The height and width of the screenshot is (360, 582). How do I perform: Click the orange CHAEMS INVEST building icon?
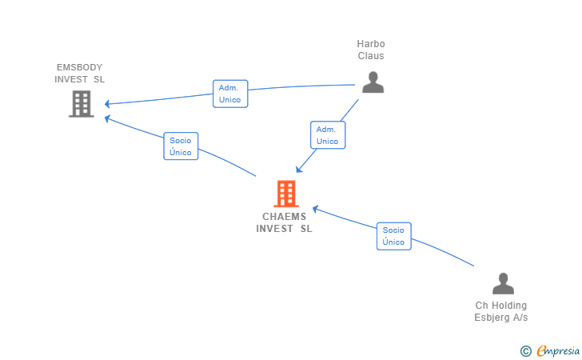[x=285, y=194]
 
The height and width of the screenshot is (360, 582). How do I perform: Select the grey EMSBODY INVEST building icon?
[x=82, y=103]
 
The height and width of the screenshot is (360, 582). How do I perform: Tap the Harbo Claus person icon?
[x=373, y=82]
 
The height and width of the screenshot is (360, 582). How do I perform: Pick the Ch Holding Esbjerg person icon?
[x=502, y=284]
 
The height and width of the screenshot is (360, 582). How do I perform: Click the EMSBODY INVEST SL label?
[x=79, y=74]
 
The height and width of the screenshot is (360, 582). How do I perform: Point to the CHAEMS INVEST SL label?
[x=284, y=222]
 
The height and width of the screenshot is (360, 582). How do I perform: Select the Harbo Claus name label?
[x=370, y=50]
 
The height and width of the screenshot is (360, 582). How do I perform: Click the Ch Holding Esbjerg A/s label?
[x=501, y=311]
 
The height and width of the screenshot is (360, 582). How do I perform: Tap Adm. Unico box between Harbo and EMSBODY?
[x=229, y=94]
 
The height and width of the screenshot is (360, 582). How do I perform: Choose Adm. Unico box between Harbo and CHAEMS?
[x=327, y=135]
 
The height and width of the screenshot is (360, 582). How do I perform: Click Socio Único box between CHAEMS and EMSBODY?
[x=181, y=146]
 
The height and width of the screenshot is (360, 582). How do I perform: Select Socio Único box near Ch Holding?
[x=393, y=236]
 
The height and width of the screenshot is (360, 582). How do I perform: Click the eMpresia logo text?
[x=558, y=350]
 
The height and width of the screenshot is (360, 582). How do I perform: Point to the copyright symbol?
[x=526, y=350]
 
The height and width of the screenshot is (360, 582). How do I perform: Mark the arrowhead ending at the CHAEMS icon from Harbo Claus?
[x=297, y=170]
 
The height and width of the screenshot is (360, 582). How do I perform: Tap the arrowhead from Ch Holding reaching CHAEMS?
[x=315, y=209]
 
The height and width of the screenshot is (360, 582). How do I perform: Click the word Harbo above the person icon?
[x=371, y=44]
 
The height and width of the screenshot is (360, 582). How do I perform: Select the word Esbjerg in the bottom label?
[x=490, y=318]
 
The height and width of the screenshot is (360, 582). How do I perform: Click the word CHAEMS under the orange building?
[x=284, y=217]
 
